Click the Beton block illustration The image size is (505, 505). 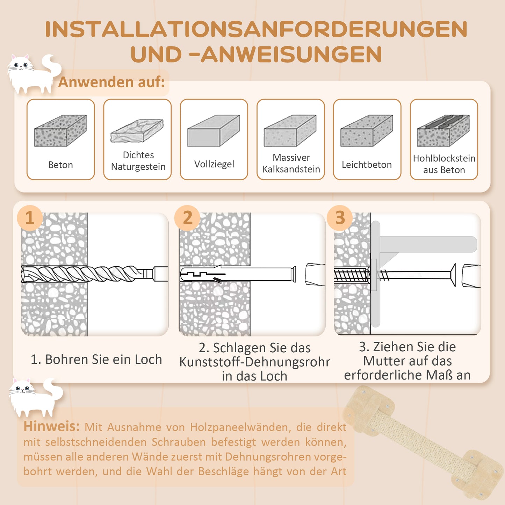coord(60,131)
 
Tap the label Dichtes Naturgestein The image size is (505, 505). coord(138,161)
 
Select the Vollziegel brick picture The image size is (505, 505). coord(214,131)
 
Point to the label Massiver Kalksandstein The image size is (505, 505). coord(291,163)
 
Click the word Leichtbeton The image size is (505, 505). coord(367,165)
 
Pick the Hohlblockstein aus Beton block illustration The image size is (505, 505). coord(443,131)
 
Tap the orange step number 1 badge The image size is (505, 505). coord(30,218)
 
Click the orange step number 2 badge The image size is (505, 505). coord(187,218)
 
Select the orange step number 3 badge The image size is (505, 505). coord(340,218)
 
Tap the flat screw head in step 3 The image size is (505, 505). coord(453,275)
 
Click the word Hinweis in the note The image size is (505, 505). coord(51,426)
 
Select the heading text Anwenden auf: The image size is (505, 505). coord(111,82)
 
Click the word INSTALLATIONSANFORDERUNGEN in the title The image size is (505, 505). coord(256,29)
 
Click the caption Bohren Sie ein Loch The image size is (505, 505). coord(96,359)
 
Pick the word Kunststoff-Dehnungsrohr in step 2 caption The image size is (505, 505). coord(254,362)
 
